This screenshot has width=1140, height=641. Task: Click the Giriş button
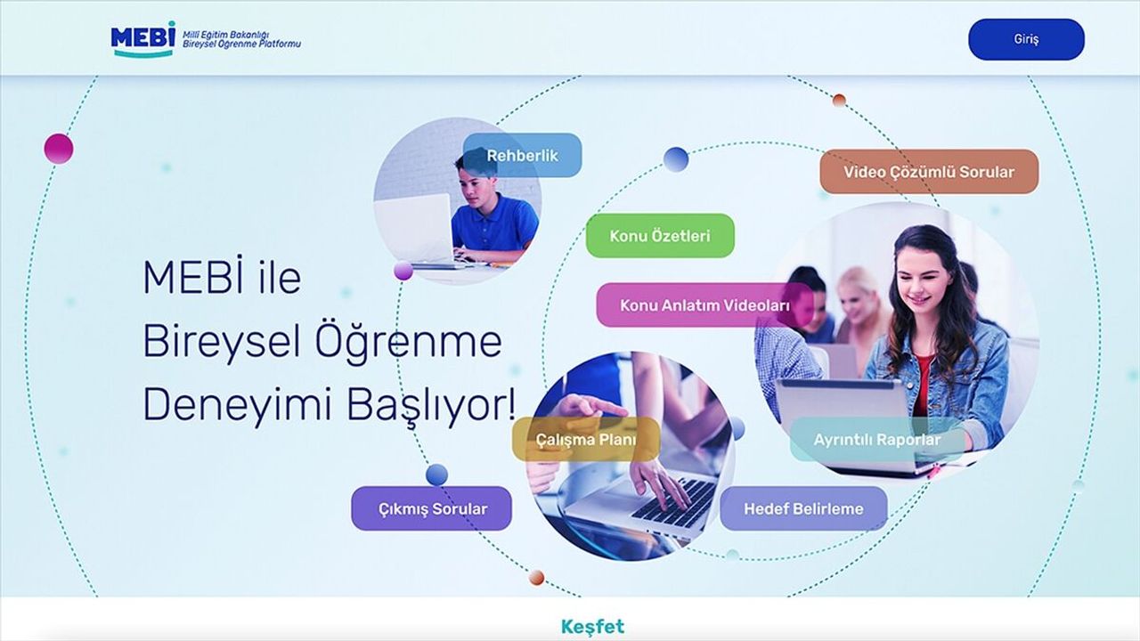(x=1026, y=39)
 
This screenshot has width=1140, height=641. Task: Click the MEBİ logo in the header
(x=143, y=39)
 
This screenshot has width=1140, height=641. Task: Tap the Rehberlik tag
(x=522, y=155)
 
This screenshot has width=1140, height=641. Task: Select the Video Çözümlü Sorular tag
(x=929, y=172)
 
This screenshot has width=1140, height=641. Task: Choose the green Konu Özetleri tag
(x=660, y=236)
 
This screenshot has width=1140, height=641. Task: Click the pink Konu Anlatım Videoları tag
(x=704, y=305)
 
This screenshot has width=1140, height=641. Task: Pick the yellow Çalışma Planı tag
(x=586, y=439)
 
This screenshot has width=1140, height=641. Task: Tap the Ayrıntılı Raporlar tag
(x=877, y=440)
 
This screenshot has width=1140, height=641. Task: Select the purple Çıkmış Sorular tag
(x=432, y=508)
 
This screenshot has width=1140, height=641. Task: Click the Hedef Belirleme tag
(x=803, y=508)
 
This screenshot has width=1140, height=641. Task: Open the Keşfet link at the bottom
(x=592, y=626)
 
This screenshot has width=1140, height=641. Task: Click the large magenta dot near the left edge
(x=59, y=149)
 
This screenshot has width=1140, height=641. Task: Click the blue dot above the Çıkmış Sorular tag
(x=436, y=475)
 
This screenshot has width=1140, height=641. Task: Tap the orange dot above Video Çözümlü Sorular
(x=839, y=100)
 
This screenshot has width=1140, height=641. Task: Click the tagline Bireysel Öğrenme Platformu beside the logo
(x=241, y=45)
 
